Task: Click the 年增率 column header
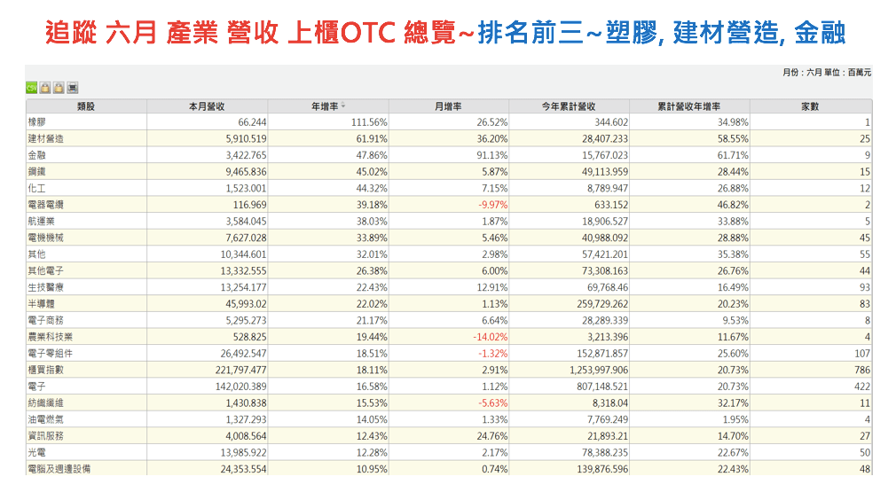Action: coord(324,105)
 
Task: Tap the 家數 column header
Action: coord(809,105)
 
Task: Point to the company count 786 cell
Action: coord(861,370)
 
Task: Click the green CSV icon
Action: coord(31,88)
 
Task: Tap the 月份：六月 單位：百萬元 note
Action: coord(827,72)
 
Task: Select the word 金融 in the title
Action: coord(820,34)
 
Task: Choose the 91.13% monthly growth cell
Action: coord(491,155)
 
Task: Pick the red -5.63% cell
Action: coord(491,403)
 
